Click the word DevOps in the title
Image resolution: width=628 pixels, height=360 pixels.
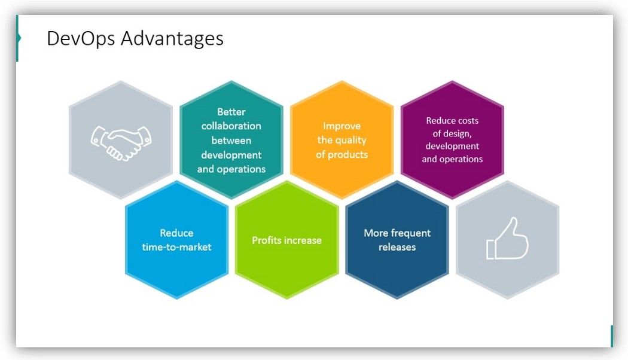click(x=81, y=38)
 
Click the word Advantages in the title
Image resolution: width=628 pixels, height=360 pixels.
click(x=172, y=38)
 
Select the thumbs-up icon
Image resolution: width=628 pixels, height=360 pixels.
click(x=507, y=239)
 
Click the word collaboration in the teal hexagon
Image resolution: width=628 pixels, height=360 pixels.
click(x=231, y=126)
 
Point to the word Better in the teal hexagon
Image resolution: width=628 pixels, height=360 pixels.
click(x=231, y=112)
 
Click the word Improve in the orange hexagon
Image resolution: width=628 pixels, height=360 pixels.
click(x=342, y=126)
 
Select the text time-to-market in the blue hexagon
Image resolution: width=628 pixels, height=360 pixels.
click(x=176, y=247)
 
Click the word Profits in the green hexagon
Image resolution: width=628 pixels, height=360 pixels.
click(x=267, y=240)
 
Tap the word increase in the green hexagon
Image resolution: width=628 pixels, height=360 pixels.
click(x=303, y=240)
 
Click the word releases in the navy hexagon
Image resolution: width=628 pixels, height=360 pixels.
click(x=397, y=247)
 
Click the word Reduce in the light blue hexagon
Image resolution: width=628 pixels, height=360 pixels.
click(x=176, y=233)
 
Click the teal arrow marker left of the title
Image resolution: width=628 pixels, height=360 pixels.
click(x=19, y=38)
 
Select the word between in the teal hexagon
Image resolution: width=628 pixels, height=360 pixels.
click(x=231, y=141)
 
